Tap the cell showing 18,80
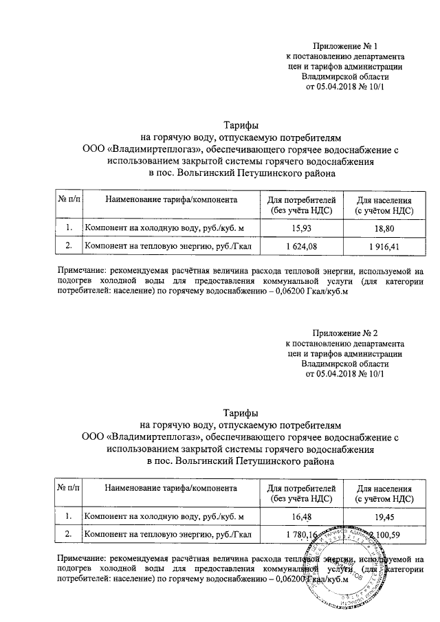[x=384, y=227]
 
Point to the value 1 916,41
[x=384, y=245]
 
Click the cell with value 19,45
[x=384, y=515]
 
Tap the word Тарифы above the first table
[x=241, y=126]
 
